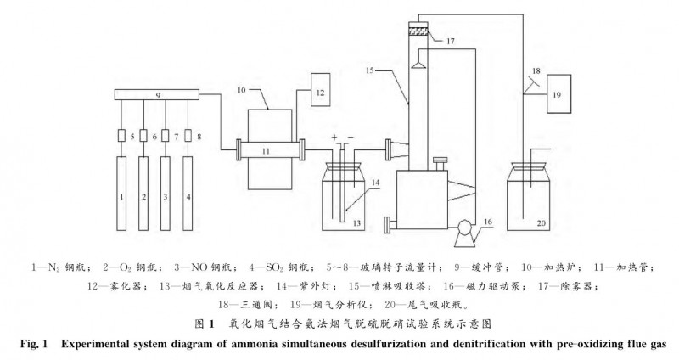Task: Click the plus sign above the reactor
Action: coord(336,137)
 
